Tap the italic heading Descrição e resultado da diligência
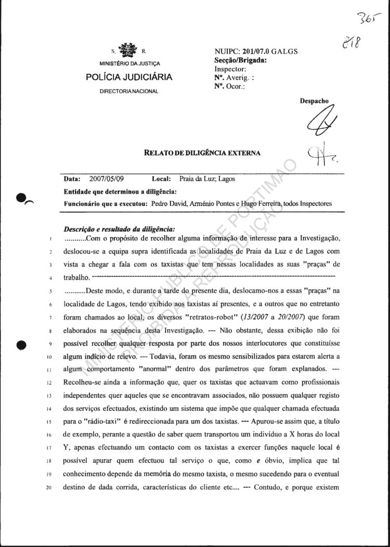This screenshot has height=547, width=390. pyautogui.click(x=120, y=228)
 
